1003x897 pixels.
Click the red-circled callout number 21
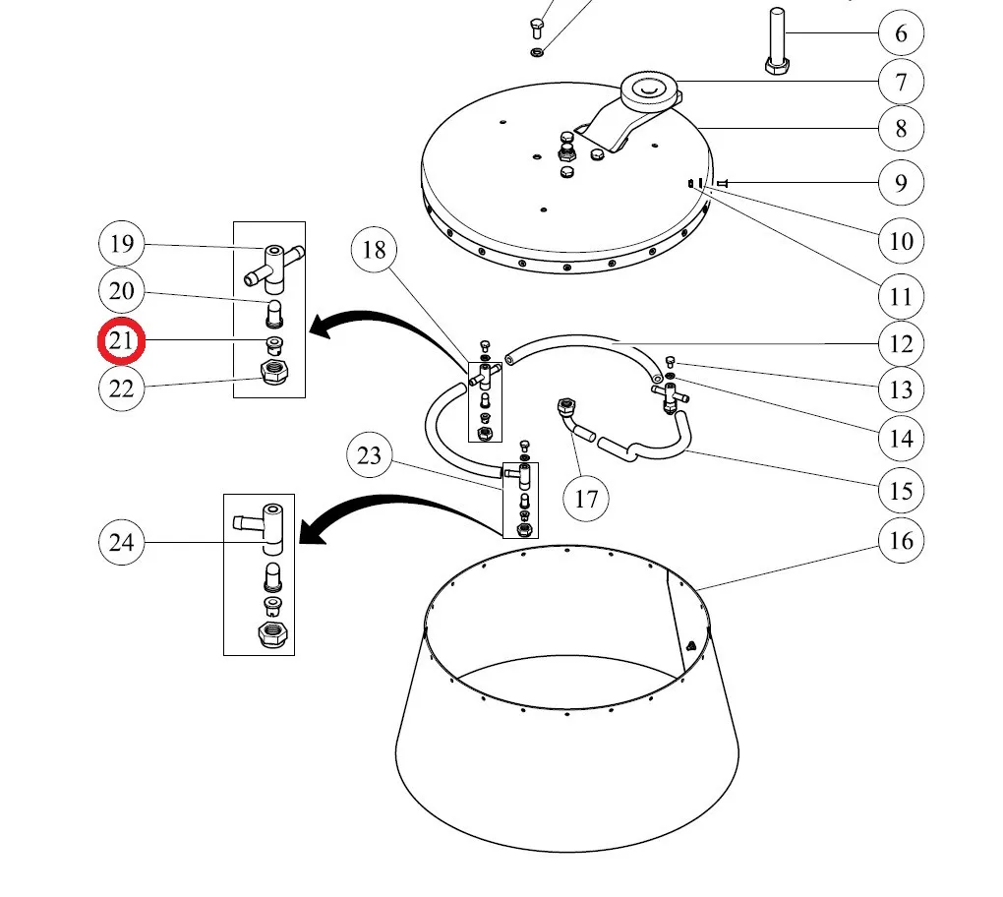click(121, 341)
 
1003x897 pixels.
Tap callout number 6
click(901, 34)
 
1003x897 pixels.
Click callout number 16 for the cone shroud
click(901, 540)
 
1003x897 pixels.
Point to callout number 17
click(586, 499)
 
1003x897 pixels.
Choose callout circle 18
click(375, 250)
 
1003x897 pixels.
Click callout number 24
click(121, 542)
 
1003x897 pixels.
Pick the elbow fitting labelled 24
click(263, 526)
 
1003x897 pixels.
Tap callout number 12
click(901, 343)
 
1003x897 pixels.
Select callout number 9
click(901, 182)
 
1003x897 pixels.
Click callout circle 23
click(370, 455)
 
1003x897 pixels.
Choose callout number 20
click(121, 291)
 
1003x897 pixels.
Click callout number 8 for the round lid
click(901, 128)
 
